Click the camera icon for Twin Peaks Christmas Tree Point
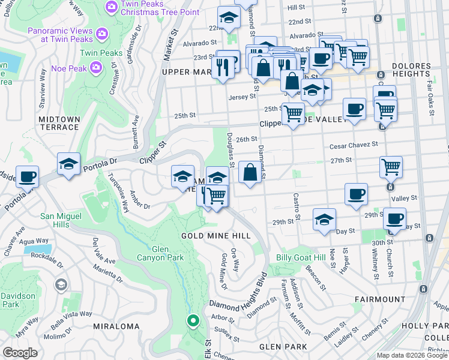(x=110, y=7)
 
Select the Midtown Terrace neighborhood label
(x=59, y=123)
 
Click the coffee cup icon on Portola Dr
(x=28, y=177)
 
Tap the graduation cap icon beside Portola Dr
(x=69, y=164)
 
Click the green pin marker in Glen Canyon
(x=193, y=321)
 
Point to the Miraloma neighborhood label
(x=116, y=327)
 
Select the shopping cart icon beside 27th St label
(x=391, y=167)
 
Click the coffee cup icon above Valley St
(x=356, y=194)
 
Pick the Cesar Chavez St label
(x=353, y=145)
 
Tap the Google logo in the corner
(x=20, y=353)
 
